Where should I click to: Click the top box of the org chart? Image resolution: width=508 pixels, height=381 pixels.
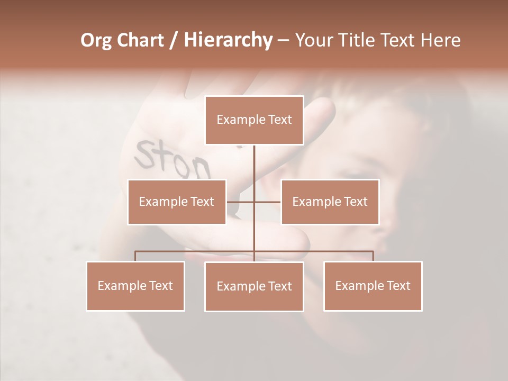(x=254, y=120)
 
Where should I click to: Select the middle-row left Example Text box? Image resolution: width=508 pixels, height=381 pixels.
(x=177, y=202)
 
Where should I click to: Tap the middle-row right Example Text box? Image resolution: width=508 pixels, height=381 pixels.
(x=330, y=202)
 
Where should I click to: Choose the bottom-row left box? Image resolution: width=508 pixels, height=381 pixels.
(x=135, y=286)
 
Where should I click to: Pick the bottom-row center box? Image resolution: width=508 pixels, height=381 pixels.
(x=254, y=286)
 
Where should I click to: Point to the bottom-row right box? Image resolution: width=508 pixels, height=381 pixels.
(x=373, y=286)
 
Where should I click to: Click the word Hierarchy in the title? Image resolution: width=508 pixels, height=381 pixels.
(x=228, y=40)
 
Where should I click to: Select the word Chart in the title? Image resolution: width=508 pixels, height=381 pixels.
(x=141, y=40)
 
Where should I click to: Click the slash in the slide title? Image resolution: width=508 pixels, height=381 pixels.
(x=174, y=40)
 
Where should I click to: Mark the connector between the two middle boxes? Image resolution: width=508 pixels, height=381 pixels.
(x=267, y=202)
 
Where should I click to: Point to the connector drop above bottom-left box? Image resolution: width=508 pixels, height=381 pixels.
(x=135, y=256)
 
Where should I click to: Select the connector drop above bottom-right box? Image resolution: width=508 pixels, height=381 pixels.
(x=373, y=256)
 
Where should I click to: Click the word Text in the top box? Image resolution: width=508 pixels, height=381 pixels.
(x=280, y=120)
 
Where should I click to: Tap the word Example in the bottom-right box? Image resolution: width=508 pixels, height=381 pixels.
(x=357, y=286)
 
